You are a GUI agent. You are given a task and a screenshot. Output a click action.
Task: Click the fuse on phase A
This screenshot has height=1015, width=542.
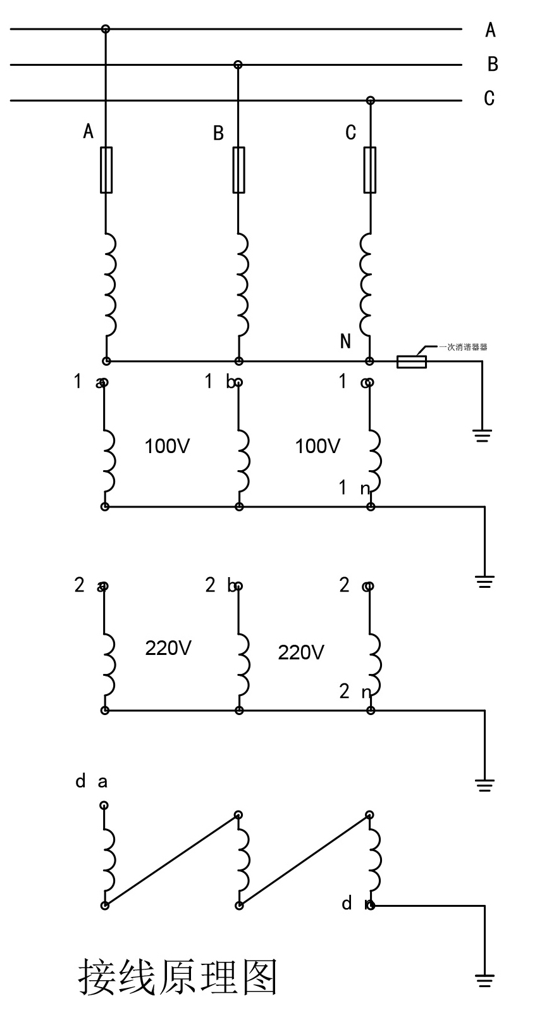tap(106, 170)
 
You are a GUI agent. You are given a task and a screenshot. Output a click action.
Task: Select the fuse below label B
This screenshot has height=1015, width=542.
tap(238, 170)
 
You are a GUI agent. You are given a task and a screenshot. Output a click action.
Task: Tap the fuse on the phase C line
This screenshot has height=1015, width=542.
tap(370, 170)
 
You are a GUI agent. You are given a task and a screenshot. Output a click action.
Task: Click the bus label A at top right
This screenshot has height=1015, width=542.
tap(490, 30)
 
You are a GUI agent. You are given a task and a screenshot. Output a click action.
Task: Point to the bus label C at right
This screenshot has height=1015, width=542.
tap(489, 98)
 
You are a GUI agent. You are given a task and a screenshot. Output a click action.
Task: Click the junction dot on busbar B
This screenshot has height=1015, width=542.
tap(238, 65)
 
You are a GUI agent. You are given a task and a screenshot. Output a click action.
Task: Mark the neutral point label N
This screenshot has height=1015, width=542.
tap(345, 342)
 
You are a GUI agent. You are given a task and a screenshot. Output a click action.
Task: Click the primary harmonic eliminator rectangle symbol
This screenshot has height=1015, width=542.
tap(411, 362)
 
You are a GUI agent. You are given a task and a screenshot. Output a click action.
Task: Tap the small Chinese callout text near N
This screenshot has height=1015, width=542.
tap(464, 347)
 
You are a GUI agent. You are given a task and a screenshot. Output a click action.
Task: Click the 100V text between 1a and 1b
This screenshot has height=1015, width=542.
tap(167, 446)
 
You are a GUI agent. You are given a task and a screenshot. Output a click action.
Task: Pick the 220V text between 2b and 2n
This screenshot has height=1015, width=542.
tap(301, 652)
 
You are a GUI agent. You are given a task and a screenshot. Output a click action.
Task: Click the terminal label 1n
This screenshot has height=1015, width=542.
tap(354, 488)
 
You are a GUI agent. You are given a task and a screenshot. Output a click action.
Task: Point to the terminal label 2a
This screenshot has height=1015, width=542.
tap(89, 585)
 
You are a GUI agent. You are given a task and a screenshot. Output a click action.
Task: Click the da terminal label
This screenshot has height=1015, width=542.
tap(91, 781)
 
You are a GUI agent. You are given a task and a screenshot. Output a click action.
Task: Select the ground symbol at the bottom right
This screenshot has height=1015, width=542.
tap(484, 980)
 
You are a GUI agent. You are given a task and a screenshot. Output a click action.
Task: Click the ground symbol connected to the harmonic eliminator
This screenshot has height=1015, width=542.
tap(482, 435)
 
